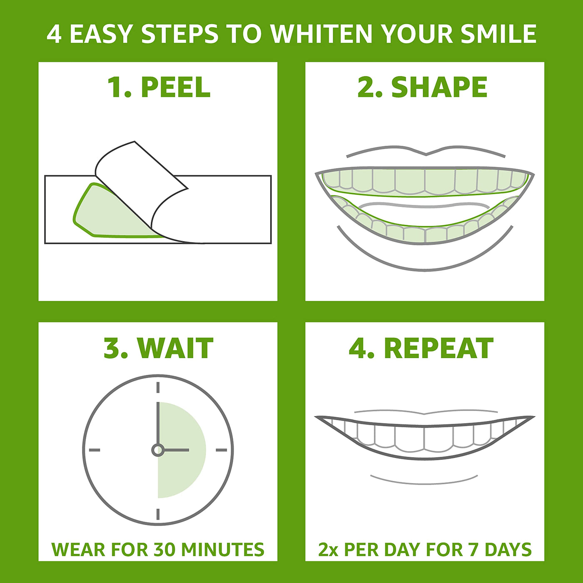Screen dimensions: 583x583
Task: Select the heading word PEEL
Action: click(x=176, y=87)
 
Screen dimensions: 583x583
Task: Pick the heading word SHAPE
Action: click(x=440, y=87)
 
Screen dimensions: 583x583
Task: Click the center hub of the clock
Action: click(x=158, y=450)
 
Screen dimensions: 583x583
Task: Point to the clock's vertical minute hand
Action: click(x=158, y=423)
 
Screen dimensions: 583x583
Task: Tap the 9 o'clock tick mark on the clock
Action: click(x=95, y=450)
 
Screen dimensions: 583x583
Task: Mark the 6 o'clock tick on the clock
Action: click(x=158, y=514)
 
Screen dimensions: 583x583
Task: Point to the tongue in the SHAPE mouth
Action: click(x=424, y=206)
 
